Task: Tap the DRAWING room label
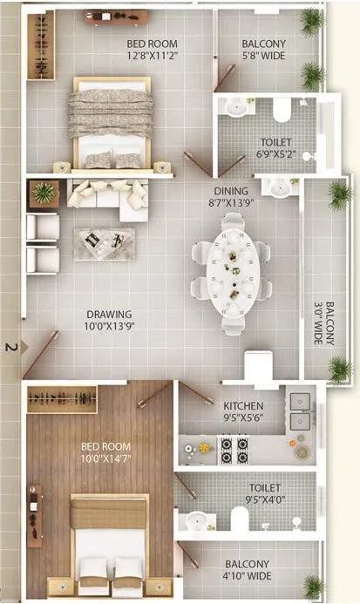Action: pos(108,315)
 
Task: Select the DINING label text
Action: pos(231,191)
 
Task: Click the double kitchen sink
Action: pos(300,411)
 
